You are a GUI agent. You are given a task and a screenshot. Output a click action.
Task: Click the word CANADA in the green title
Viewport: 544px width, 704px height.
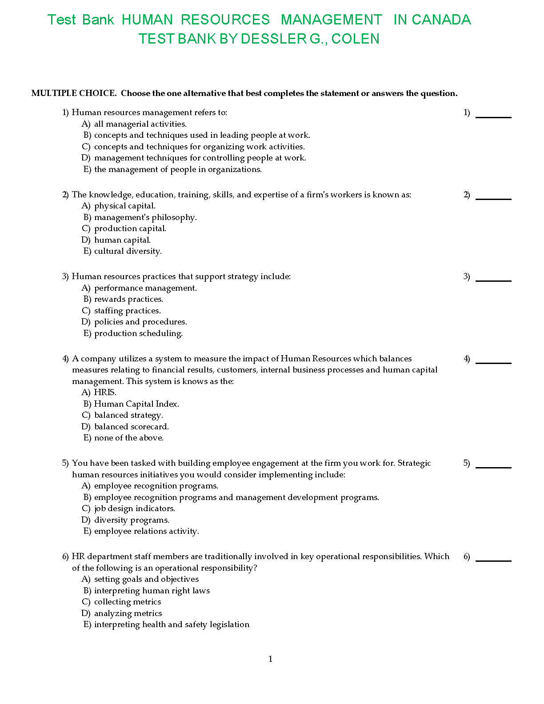click(441, 20)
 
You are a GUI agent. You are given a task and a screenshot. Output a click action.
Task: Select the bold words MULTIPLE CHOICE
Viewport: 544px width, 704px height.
click(74, 93)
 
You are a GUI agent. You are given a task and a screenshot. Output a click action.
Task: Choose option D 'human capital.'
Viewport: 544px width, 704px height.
click(122, 240)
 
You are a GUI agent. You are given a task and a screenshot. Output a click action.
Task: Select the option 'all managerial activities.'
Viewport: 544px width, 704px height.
click(140, 124)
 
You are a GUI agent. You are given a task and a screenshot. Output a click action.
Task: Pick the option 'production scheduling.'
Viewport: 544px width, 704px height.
click(138, 333)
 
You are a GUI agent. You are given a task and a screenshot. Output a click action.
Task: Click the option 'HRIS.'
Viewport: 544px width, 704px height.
click(105, 392)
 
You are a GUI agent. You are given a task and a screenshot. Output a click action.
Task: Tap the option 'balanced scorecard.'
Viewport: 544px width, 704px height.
click(131, 427)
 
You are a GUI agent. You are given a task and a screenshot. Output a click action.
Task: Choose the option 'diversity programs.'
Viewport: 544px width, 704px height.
click(132, 520)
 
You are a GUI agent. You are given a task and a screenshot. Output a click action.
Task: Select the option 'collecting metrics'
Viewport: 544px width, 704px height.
click(128, 602)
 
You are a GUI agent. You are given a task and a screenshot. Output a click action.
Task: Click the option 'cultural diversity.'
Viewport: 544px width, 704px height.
click(128, 251)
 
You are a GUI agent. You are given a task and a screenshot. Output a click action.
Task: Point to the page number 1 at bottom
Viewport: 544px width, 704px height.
click(271, 659)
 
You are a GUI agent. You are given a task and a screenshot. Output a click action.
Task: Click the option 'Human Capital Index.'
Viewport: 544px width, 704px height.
click(136, 404)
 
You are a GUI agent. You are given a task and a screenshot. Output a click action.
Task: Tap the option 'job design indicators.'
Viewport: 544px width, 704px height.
click(135, 508)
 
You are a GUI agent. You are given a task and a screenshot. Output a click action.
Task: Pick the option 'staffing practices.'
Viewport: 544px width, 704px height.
click(128, 311)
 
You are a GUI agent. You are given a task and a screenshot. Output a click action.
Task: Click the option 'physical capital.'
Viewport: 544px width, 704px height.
click(124, 206)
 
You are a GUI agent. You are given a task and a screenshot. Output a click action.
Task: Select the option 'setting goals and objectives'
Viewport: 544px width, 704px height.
click(146, 579)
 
